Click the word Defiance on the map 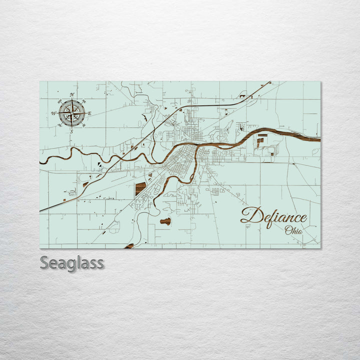pyautogui.click(x=273, y=216)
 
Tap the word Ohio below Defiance pyautogui.click(x=293, y=230)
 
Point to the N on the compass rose pyautogui.click(x=72, y=94)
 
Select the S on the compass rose pyautogui.click(x=71, y=131)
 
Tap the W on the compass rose pyautogui.click(x=53, y=113)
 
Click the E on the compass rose pyautogui.click(x=89, y=113)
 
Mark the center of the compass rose pyautogui.click(x=72, y=113)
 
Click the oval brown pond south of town pyautogui.click(x=165, y=221)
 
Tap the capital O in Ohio pyautogui.click(x=288, y=230)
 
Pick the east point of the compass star pyautogui.click(x=85, y=113)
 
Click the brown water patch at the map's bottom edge pyautogui.click(x=129, y=246)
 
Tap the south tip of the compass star pyautogui.click(x=72, y=126)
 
